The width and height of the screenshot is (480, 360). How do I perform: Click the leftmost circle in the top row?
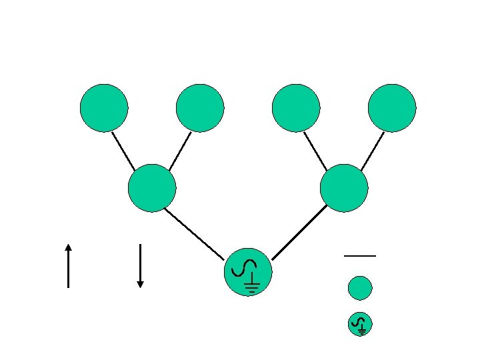click(104, 108)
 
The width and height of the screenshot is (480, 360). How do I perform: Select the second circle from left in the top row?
click(200, 108)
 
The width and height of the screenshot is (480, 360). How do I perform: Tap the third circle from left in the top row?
click(296, 108)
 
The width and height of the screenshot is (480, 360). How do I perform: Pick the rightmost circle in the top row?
click(392, 108)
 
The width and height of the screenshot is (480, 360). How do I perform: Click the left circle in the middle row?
click(152, 188)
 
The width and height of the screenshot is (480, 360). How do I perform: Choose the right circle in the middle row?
click(344, 188)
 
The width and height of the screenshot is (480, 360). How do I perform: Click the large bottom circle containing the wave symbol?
click(248, 272)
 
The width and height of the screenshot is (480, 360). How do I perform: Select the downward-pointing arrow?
click(140, 265)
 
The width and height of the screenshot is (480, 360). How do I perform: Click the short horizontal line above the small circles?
click(360, 256)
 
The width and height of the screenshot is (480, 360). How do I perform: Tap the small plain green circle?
click(360, 288)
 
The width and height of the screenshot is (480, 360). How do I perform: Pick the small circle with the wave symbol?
click(360, 324)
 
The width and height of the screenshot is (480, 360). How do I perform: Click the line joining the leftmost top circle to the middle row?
click(123, 151)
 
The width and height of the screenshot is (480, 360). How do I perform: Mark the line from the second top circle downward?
click(180, 151)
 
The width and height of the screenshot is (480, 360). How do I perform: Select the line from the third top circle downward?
click(315, 151)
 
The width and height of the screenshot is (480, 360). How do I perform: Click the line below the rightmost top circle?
click(372, 151)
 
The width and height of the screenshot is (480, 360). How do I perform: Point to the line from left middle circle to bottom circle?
click(193, 233)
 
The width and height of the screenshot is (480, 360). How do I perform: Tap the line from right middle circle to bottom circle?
click(300, 232)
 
